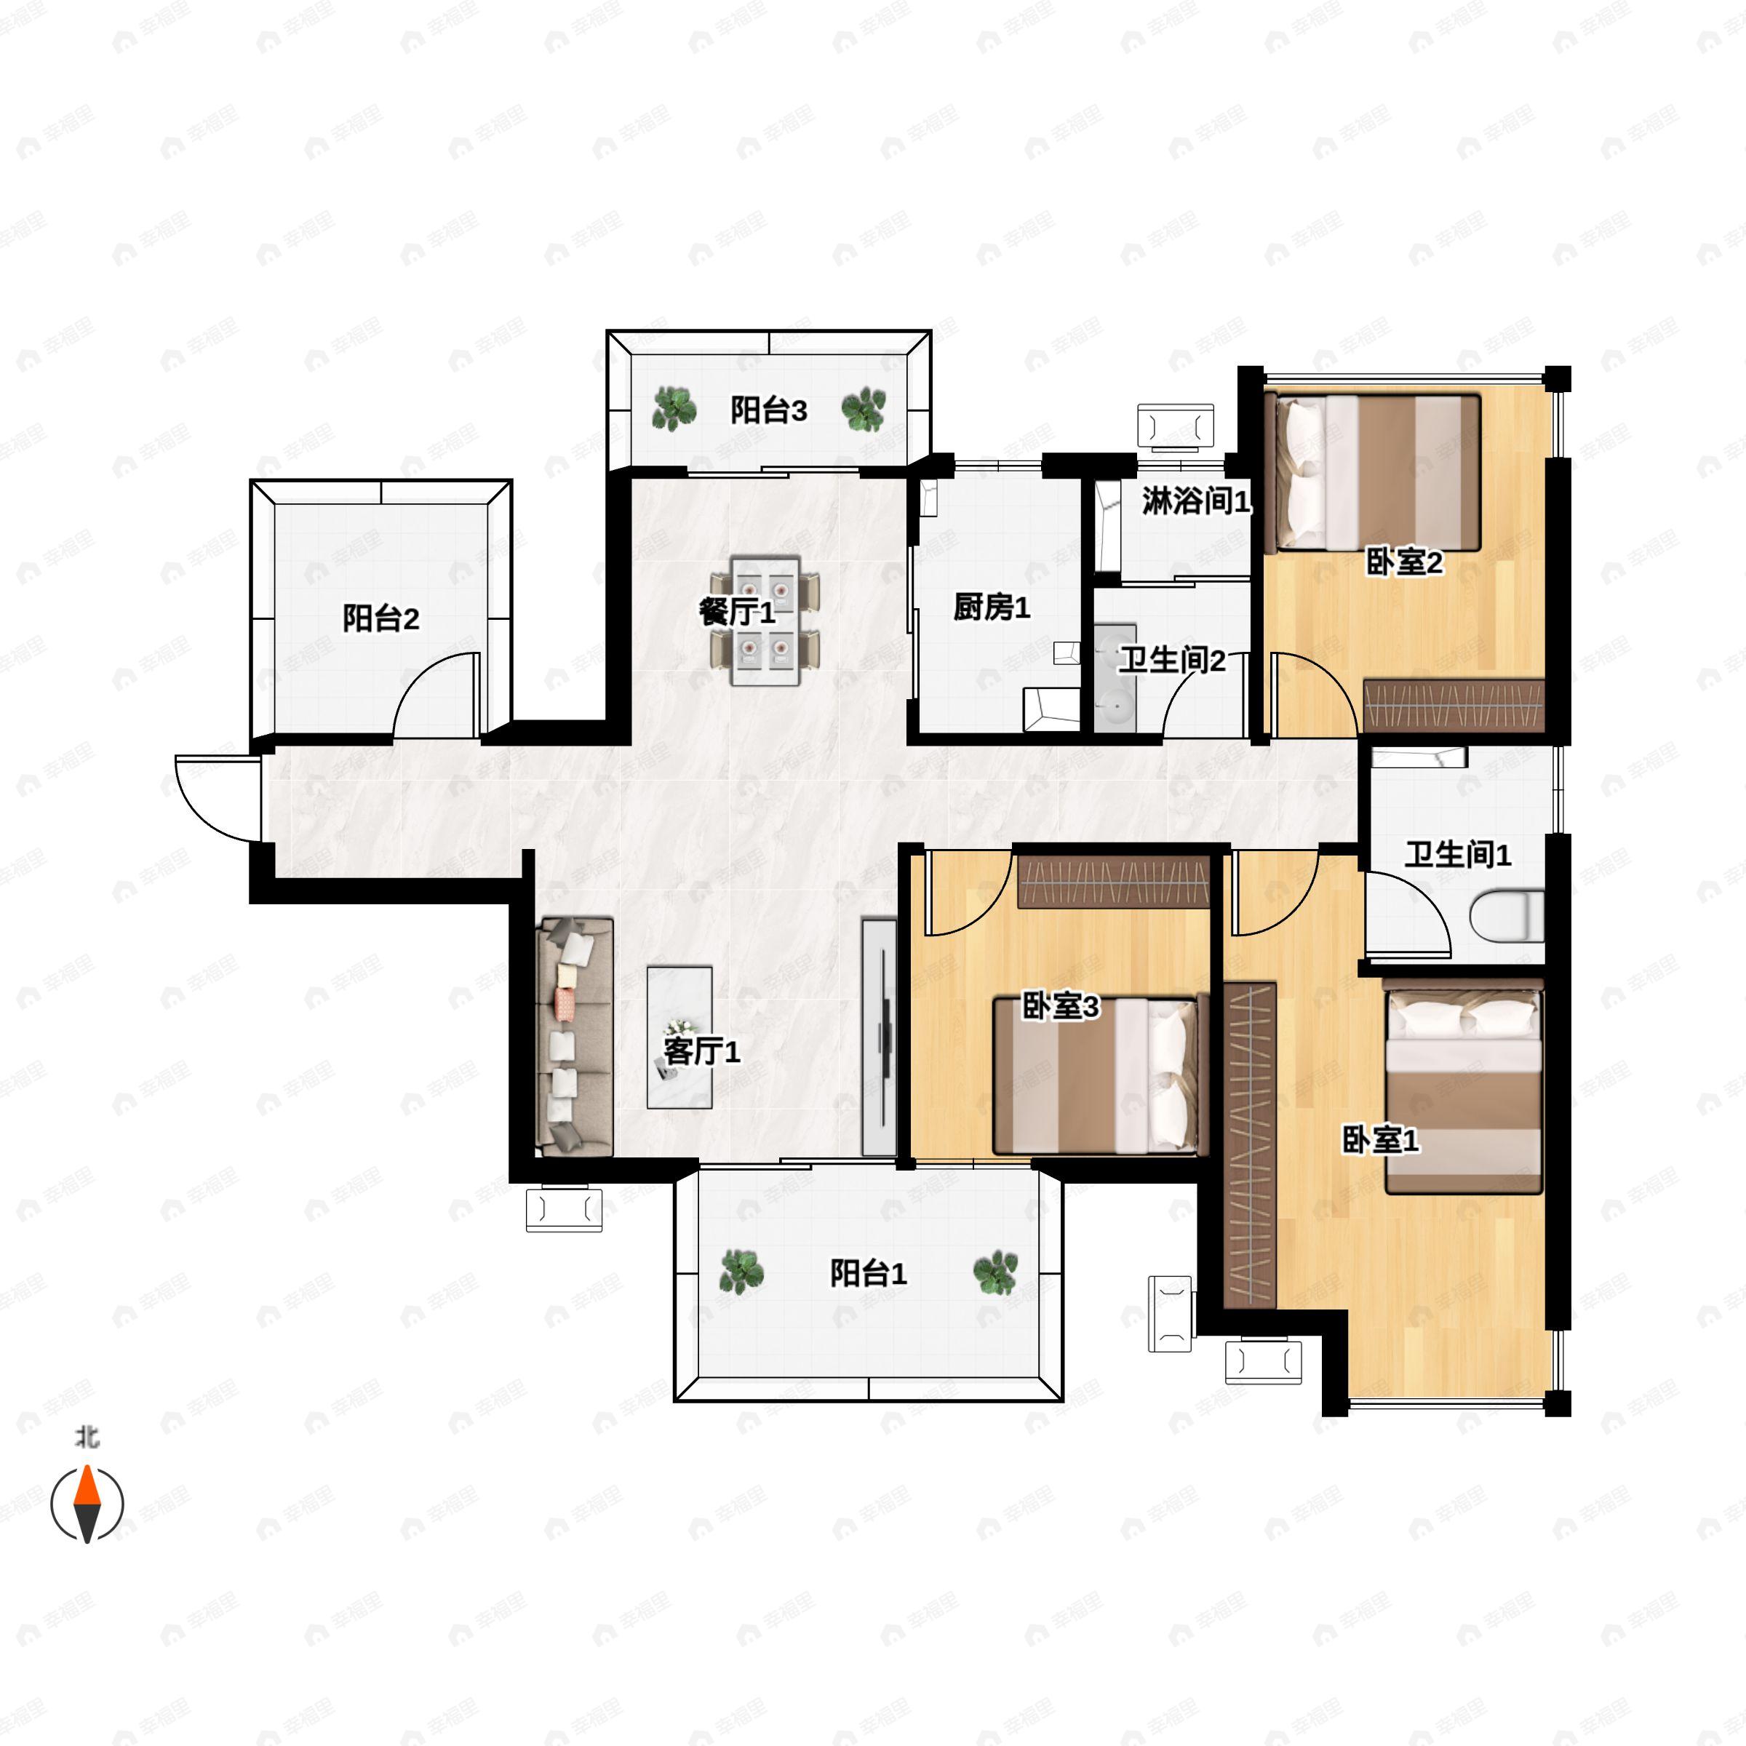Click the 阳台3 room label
coord(768,411)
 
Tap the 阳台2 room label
coord(380,619)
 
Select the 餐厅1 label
coord(736,613)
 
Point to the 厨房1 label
coord(992,607)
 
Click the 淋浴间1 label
coord(1195,501)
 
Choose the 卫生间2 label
coord(1172,661)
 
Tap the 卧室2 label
coord(1403,562)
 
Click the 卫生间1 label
coord(1456,854)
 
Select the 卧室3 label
coord(1060,1006)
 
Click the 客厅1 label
coord(701,1051)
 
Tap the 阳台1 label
coord(868,1273)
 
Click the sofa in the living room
coord(575,1037)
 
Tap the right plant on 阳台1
coord(995,1272)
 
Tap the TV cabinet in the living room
coord(878,1037)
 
